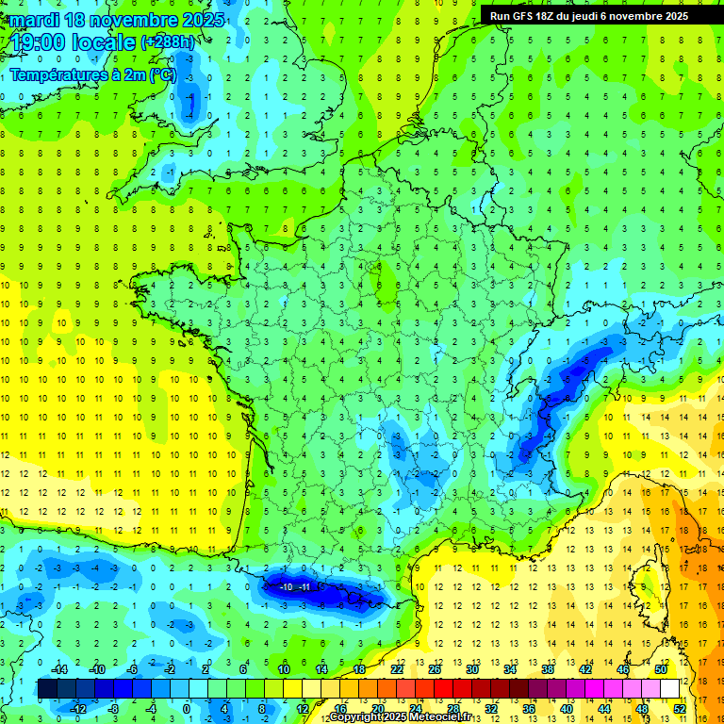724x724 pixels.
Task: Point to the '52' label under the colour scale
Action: click(680, 708)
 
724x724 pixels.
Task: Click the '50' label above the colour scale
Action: click(661, 669)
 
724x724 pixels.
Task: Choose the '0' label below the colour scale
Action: click(187, 708)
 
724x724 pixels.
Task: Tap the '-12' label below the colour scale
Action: click(79, 708)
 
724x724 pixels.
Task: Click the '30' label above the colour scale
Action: click(473, 669)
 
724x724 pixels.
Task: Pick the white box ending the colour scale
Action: click(670, 688)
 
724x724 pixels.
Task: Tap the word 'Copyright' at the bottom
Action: click(356, 717)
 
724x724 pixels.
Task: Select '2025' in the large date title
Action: click(201, 20)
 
